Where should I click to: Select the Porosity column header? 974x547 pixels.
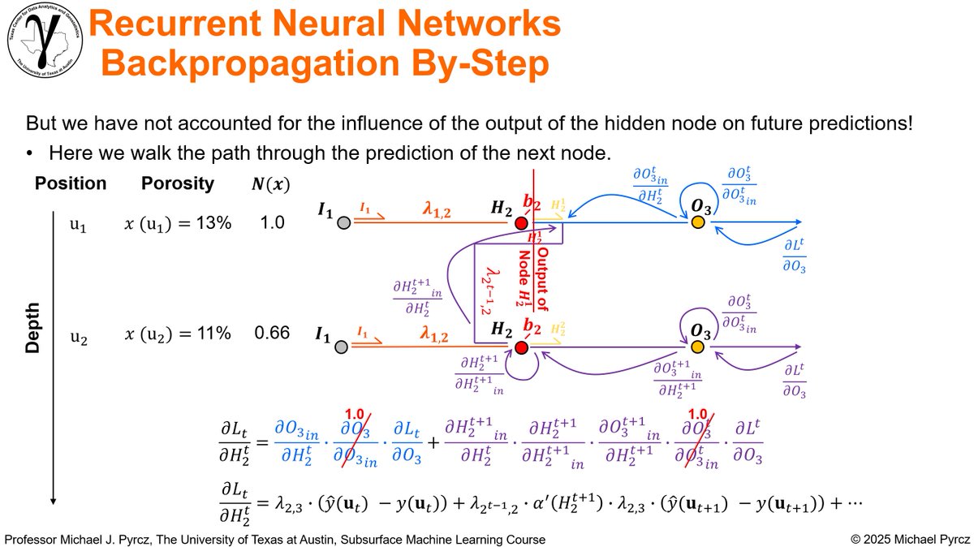tap(178, 183)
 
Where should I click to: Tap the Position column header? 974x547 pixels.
tap(71, 183)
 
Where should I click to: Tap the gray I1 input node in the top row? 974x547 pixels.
tap(343, 222)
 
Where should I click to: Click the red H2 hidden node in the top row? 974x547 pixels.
tap(521, 222)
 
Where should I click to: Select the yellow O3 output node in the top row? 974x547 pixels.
tap(697, 222)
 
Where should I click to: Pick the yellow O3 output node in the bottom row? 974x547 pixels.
tap(697, 347)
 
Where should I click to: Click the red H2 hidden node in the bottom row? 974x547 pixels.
tap(521, 347)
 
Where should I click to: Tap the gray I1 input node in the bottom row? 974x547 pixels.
tap(343, 347)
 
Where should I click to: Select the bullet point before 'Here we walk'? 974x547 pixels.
tap(30, 153)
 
